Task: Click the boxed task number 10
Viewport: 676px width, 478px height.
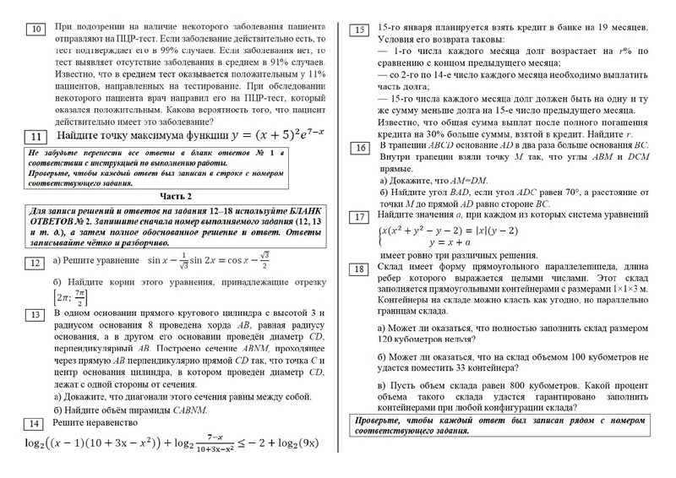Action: (35, 30)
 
